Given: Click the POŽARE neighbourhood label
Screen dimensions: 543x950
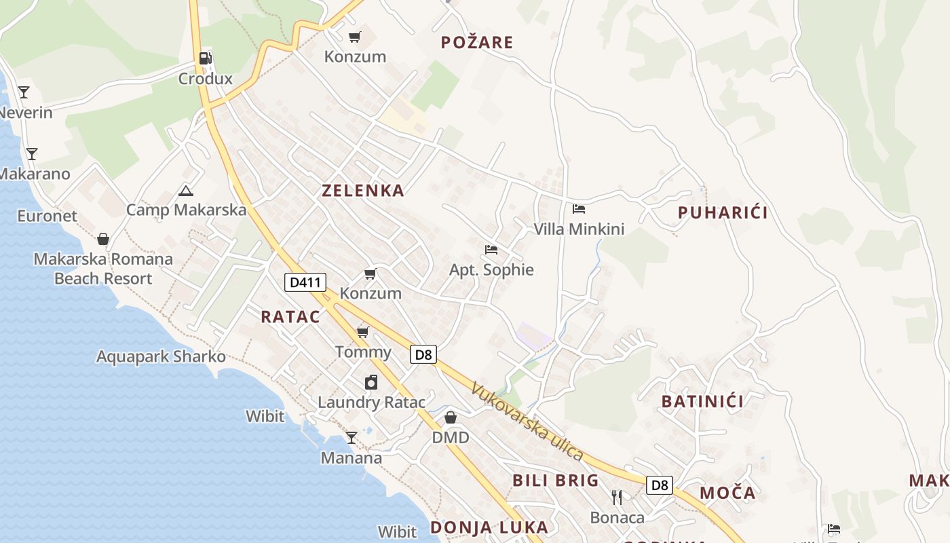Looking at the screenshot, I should coord(476,43).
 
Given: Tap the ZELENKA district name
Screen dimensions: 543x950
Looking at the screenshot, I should coord(363,191).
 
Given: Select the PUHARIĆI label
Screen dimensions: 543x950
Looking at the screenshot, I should coord(723,213).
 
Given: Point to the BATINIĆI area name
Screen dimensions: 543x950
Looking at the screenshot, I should coord(702,401).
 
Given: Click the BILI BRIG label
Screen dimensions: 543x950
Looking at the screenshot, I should coord(555,481).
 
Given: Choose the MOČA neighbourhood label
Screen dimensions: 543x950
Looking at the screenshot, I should coord(727,493).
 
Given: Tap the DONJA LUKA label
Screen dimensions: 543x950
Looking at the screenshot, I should coord(489,527).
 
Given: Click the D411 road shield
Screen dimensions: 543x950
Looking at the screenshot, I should coord(305,282).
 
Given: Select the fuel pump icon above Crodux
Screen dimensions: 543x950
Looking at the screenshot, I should coord(206,58).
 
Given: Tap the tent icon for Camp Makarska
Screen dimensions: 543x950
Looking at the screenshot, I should coord(185,191).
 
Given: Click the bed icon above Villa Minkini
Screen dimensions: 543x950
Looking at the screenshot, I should coord(578,209).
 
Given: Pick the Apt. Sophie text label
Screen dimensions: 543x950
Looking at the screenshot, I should coord(491,270).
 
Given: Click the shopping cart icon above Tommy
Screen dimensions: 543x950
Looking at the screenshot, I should coord(363,332).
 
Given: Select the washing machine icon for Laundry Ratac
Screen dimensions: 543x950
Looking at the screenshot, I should coord(371,382).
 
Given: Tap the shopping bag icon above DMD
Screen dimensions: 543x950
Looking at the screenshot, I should coord(451,417).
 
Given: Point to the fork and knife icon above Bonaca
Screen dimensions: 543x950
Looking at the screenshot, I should coord(616,498).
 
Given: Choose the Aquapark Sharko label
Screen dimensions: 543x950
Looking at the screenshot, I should coord(161,356).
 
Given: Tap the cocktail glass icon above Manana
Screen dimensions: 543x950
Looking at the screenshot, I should coord(351,438).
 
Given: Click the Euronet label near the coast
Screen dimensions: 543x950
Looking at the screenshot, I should coord(47,217).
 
